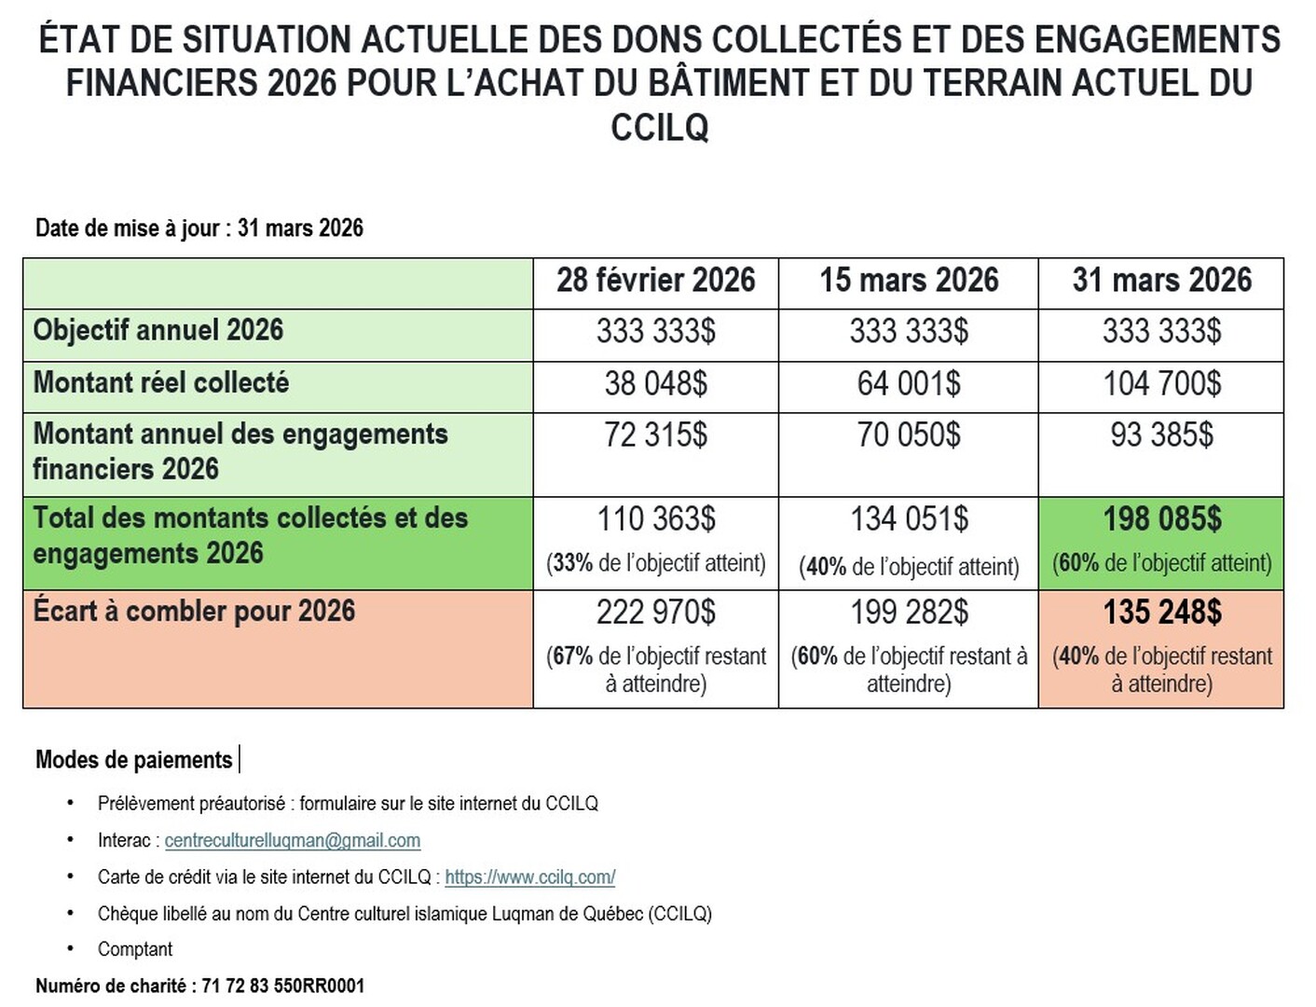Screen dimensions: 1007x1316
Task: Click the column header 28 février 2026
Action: [x=655, y=281]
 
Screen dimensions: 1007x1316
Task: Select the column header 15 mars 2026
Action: [x=908, y=281]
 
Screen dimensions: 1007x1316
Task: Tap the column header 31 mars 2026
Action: [x=1161, y=281]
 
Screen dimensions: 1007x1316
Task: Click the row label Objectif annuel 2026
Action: [x=158, y=331]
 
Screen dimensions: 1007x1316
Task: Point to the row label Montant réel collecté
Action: [x=161, y=383]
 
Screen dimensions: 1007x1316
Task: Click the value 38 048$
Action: [x=655, y=383]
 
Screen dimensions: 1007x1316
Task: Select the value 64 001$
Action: [x=908, y=383]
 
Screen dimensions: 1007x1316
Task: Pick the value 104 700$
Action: [x=1161, y=383]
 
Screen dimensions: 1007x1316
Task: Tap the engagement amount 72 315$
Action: [x=655, y=435]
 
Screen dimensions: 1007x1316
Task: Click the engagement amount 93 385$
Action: [x=1161, y=435]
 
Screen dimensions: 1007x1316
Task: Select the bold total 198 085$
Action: [x=1161, y=519]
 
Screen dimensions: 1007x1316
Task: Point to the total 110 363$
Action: [x=655, y=519]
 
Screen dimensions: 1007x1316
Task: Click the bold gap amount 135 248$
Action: [x=1161, y=613]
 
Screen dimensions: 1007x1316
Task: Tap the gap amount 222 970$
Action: [x=655, y=613]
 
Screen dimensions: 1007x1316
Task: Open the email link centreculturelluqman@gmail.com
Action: [x=292, y=841]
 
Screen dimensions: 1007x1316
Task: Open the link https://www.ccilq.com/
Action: [x=529, y=877]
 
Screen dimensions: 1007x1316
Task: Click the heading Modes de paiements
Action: [x=133, y=760]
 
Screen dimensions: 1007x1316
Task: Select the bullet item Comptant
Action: [x=135, y=949]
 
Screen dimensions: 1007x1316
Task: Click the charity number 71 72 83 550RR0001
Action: [x=282, y=986]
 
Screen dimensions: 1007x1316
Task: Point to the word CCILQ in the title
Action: [x=659, y=128]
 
